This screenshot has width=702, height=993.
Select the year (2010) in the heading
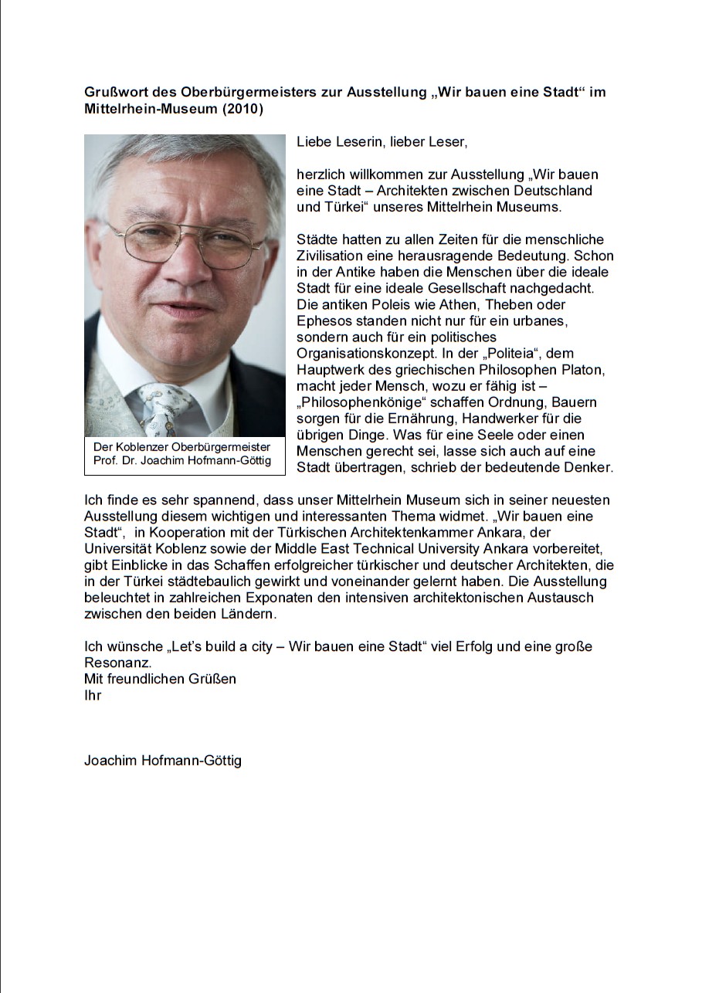click(x=242, y=110)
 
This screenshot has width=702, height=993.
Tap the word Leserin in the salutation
click(x=357, y=142)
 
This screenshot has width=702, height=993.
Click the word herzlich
click(x=320, y=175)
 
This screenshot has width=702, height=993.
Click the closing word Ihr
click(x=93, y=695)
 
